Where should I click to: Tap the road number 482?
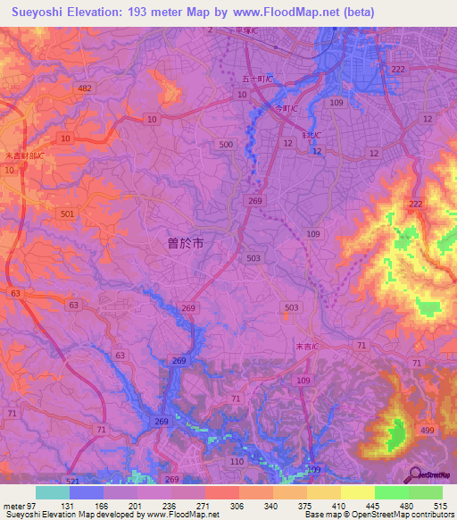coord(85,88)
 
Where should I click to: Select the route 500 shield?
coord(225,144)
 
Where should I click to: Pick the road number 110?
coord(237,460)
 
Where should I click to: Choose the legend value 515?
coord(437,505)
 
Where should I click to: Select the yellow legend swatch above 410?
coord(324,492)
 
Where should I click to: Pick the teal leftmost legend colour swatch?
coord(53,492)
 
